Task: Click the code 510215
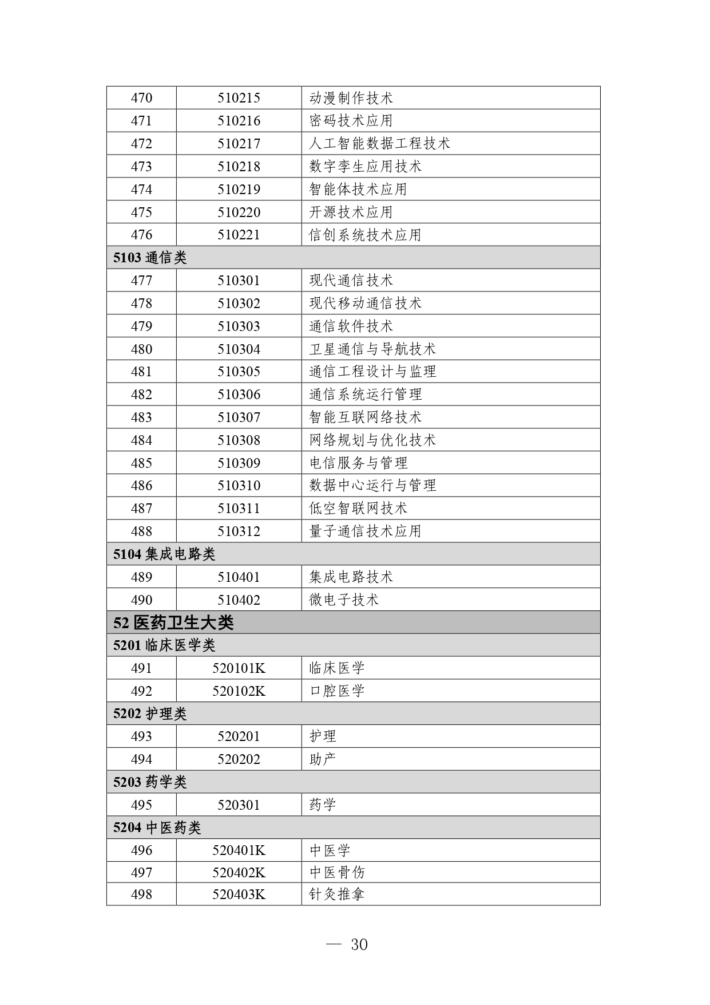tap(239, 98)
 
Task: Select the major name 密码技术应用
tap(351, 121)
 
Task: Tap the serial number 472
tap(141, 144)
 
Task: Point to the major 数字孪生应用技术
tap(365, 167)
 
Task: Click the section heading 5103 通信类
tap(150, 258)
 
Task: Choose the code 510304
tap(239, 349)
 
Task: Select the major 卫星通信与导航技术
tap(372, 349)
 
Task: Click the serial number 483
tap(141, 417)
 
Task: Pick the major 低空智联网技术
tap(358, 509)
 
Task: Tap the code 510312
tap(239, 531)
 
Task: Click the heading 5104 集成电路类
tap(164, 554)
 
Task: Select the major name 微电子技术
tap(344, 600)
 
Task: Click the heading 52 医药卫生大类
tap(173, 622)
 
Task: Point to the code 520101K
tap(239, 668)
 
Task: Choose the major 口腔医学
tap(337, 691)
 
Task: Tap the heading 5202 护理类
tap(150, 714)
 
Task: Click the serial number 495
tap(141, 805)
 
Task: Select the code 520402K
tap(239, 873)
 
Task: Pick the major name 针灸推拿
tap(337, 894)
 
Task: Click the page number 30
tap(359, 945)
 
